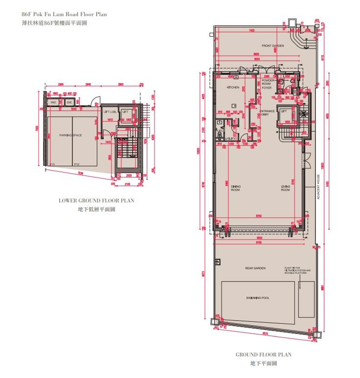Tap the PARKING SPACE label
pos(70,135)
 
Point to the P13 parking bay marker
pos(52,164)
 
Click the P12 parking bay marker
pos(76,164)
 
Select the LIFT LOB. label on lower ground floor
pos(109,112)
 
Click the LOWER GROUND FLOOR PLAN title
pos(96,200)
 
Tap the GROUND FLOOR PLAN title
pos(264,355)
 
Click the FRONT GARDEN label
pos(272,45)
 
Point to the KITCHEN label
pos(232,87)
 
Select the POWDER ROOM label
pos(268,82)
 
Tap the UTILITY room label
pos(230,139)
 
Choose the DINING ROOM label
pos(235,188)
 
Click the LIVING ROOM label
pos(286,188)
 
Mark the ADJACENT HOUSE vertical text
pos(318,186)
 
